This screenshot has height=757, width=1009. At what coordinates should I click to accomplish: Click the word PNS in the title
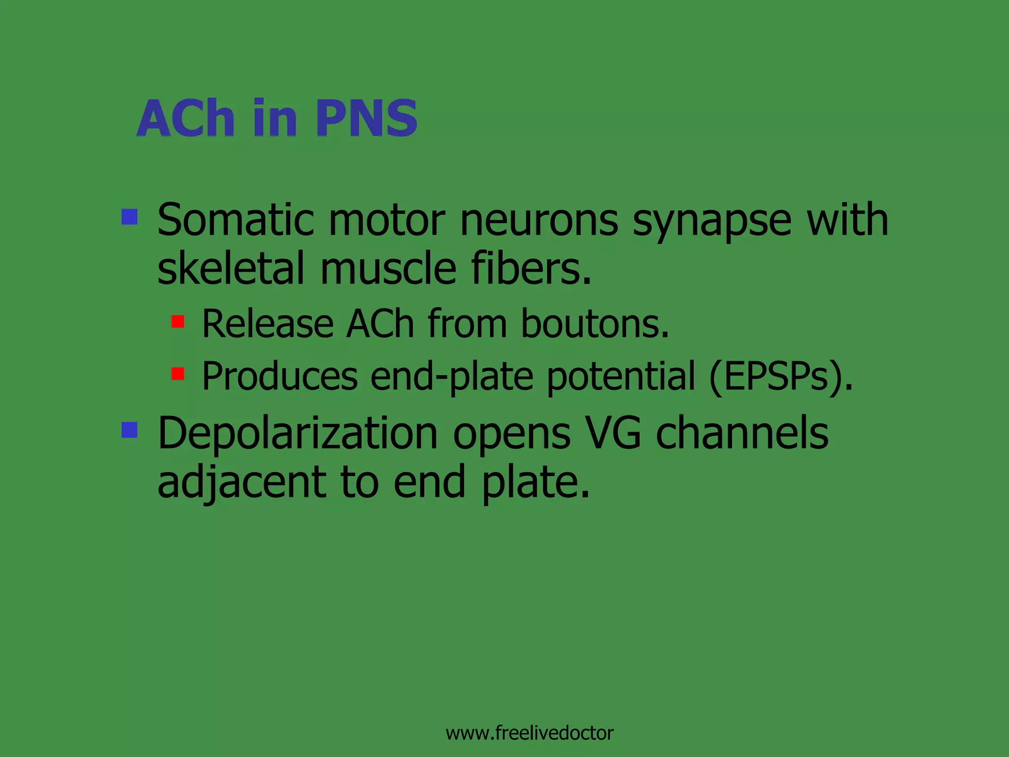tap(367, 118)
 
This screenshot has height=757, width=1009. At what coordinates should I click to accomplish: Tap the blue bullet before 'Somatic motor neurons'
tap(130, 217)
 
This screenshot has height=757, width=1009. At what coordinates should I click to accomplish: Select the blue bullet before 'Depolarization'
tap(130, 430)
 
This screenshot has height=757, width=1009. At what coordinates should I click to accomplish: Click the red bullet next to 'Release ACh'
tap(178, 322)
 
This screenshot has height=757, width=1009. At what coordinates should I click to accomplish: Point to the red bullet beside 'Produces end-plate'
tap(178, 374)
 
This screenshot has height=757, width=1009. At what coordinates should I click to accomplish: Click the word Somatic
tap(235, 220)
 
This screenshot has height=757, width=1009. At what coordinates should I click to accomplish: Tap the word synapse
tap(711, 222)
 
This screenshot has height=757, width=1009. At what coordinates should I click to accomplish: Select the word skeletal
tap(231, 269)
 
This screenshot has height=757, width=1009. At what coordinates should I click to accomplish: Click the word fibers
tap(531, 269)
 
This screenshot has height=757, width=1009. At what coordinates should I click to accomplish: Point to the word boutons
tap(595, 324)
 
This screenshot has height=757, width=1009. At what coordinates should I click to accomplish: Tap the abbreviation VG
tap(613, 434)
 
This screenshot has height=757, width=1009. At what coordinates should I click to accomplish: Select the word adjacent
tap(241, 483)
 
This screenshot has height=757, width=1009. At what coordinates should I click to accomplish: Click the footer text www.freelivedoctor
tap(529, 733)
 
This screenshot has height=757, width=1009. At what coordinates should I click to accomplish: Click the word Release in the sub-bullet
tap(268, 324)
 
